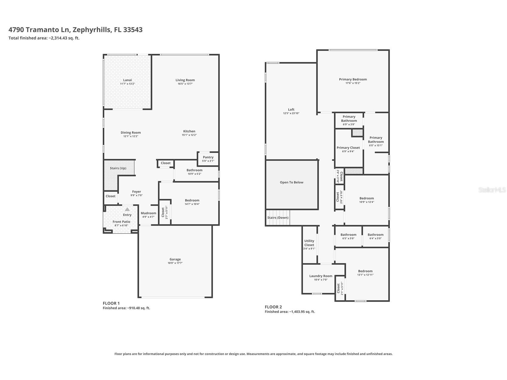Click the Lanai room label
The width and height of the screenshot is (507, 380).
127,80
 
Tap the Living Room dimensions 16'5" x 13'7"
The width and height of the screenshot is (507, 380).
185,84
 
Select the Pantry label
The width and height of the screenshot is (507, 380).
208,157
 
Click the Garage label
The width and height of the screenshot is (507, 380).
175,259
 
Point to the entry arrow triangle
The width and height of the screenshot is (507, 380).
127,209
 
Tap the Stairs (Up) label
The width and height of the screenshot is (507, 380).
118,168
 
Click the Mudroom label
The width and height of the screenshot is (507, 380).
148,213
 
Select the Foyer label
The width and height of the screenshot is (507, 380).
137,192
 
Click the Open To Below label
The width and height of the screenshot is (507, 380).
292,183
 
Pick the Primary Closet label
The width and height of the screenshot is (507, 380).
348,148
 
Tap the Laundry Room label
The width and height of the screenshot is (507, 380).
321,276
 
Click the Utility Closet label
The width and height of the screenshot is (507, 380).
309,243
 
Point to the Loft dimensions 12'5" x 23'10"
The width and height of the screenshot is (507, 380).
291,114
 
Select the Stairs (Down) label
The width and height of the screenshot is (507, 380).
278,218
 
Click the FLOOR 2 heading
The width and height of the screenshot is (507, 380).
273,307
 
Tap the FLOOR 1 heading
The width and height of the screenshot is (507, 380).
111,303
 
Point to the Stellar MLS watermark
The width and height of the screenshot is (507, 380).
492,190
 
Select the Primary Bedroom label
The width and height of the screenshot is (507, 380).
353,79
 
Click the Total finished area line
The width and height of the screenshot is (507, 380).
44,38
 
